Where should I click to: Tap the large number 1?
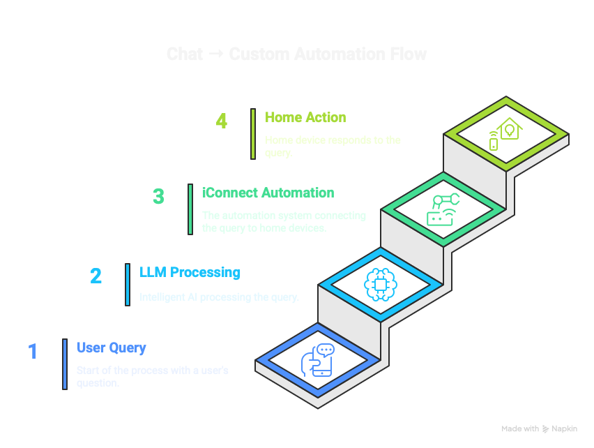point(33,351)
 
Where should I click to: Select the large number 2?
point(96,276)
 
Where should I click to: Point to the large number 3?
point(159,197)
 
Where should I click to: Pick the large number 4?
point(222,121)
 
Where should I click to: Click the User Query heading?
point(112,348)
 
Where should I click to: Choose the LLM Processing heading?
point(190,272)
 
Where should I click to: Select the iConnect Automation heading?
point(268,193)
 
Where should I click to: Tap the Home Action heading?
point(305,117)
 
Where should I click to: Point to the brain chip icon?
point(380,283)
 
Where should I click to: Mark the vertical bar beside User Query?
point(64,364)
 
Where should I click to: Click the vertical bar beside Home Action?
point(253,133)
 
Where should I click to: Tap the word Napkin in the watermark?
point(565,429)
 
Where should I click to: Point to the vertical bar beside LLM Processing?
point(128,284)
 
